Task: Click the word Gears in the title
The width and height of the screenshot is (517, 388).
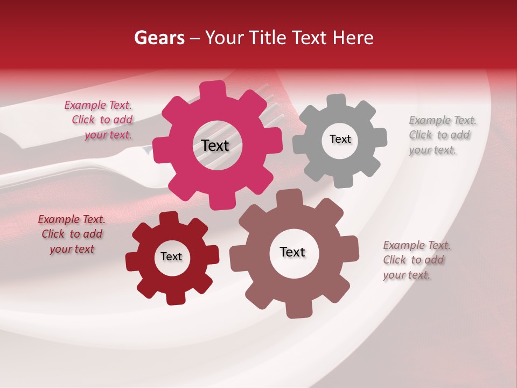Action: [159, 38]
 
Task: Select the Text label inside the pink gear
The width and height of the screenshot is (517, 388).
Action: [215, 145]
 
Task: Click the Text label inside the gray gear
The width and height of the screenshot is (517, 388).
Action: [340, 139]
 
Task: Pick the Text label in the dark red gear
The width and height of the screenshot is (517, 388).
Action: [171, 257]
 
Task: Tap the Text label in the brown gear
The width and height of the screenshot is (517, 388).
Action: [292, 252]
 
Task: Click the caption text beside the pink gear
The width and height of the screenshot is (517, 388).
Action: [100, 120]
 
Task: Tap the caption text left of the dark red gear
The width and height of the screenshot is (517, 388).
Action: [72, 234]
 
